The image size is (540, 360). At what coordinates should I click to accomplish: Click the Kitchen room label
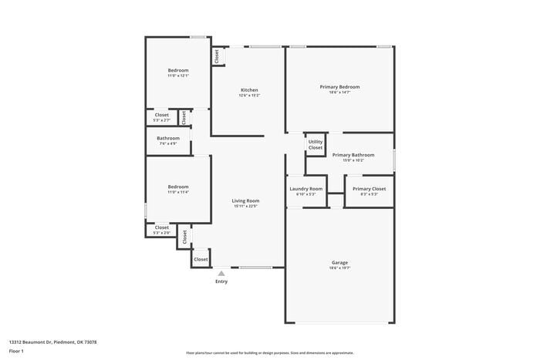tap(248, 89)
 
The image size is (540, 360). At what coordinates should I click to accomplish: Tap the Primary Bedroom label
tap(339, 86)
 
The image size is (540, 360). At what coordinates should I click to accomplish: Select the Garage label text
tap(339, 262)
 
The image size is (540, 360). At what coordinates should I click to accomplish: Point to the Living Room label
tap(245, 200)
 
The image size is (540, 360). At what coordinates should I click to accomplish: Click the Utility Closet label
tap(316, 144)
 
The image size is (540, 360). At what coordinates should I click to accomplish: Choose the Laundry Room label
tap(306, 189)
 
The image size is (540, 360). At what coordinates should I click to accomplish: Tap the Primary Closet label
tap(369, 189)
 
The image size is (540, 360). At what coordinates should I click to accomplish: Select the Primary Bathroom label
tap(353, 155)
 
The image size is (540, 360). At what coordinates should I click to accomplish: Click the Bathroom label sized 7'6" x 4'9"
tap(168, 138)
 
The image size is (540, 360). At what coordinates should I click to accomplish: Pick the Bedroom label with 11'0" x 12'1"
tap(178, 70)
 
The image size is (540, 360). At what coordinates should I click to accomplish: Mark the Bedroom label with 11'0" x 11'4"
tap(178, 187)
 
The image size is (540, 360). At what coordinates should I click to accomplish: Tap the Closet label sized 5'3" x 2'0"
tap(162, 227)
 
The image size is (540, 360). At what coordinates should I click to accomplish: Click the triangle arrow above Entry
tap(221, 273)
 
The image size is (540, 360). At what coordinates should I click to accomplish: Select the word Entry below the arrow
tap(221, 282)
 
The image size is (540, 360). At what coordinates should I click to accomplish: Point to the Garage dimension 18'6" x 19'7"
tap(339, 268)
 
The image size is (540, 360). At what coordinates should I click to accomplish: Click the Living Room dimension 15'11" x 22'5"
tap(245, 206)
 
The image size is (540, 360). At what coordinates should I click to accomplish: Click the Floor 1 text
tap(16, 351)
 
